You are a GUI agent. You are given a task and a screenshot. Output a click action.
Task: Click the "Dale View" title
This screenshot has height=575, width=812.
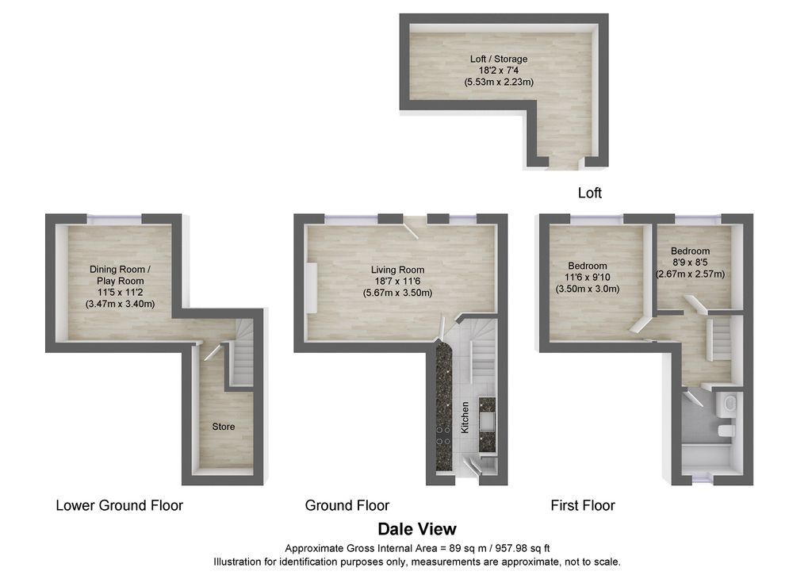click(417, 529)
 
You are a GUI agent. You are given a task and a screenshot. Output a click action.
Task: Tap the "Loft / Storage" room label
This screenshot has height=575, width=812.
click(498, 59)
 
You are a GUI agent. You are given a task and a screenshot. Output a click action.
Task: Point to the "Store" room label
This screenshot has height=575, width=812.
click(224, 427)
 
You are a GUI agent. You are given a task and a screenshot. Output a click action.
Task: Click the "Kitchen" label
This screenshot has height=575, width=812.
click(465, 417)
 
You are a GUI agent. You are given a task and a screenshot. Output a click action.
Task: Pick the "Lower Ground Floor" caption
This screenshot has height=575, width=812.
click(119, 505)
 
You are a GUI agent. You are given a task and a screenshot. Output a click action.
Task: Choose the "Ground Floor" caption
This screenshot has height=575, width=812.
click(347, 505)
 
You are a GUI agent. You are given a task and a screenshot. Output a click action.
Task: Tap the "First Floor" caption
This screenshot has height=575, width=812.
click(583, 505)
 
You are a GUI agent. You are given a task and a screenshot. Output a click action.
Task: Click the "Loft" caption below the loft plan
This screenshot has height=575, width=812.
click(590, 193)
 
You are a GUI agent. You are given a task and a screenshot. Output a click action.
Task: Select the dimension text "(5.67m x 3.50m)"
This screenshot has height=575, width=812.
click(397, 293)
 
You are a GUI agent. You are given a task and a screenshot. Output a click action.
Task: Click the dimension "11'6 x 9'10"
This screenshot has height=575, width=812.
click(588, 278)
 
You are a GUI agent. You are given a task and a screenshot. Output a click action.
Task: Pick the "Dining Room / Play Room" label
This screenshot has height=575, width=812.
click(121, 275)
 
